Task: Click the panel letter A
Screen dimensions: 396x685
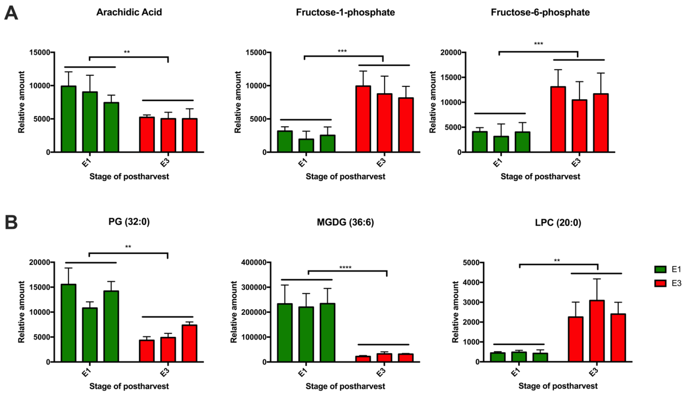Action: tap(11, 13)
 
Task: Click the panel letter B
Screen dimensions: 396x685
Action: tap(11, 222)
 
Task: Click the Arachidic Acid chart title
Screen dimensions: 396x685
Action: tap(129, 12)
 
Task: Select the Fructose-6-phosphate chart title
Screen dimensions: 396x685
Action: tap(540, 12)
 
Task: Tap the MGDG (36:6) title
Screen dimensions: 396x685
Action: tap(345, 222)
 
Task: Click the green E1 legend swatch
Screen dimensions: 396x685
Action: tap(660, 269)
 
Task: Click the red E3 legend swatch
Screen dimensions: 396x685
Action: tap(660, 283)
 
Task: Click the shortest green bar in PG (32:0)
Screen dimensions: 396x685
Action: tap(90, 335)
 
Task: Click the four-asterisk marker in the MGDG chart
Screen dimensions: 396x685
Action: tap(345, 268)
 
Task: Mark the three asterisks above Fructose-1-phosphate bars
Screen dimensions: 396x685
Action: tap(342, 51)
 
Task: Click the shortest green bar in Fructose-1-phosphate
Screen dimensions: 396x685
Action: tap(306, 145)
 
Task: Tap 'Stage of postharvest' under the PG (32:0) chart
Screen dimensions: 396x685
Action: tap(129, 386)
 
